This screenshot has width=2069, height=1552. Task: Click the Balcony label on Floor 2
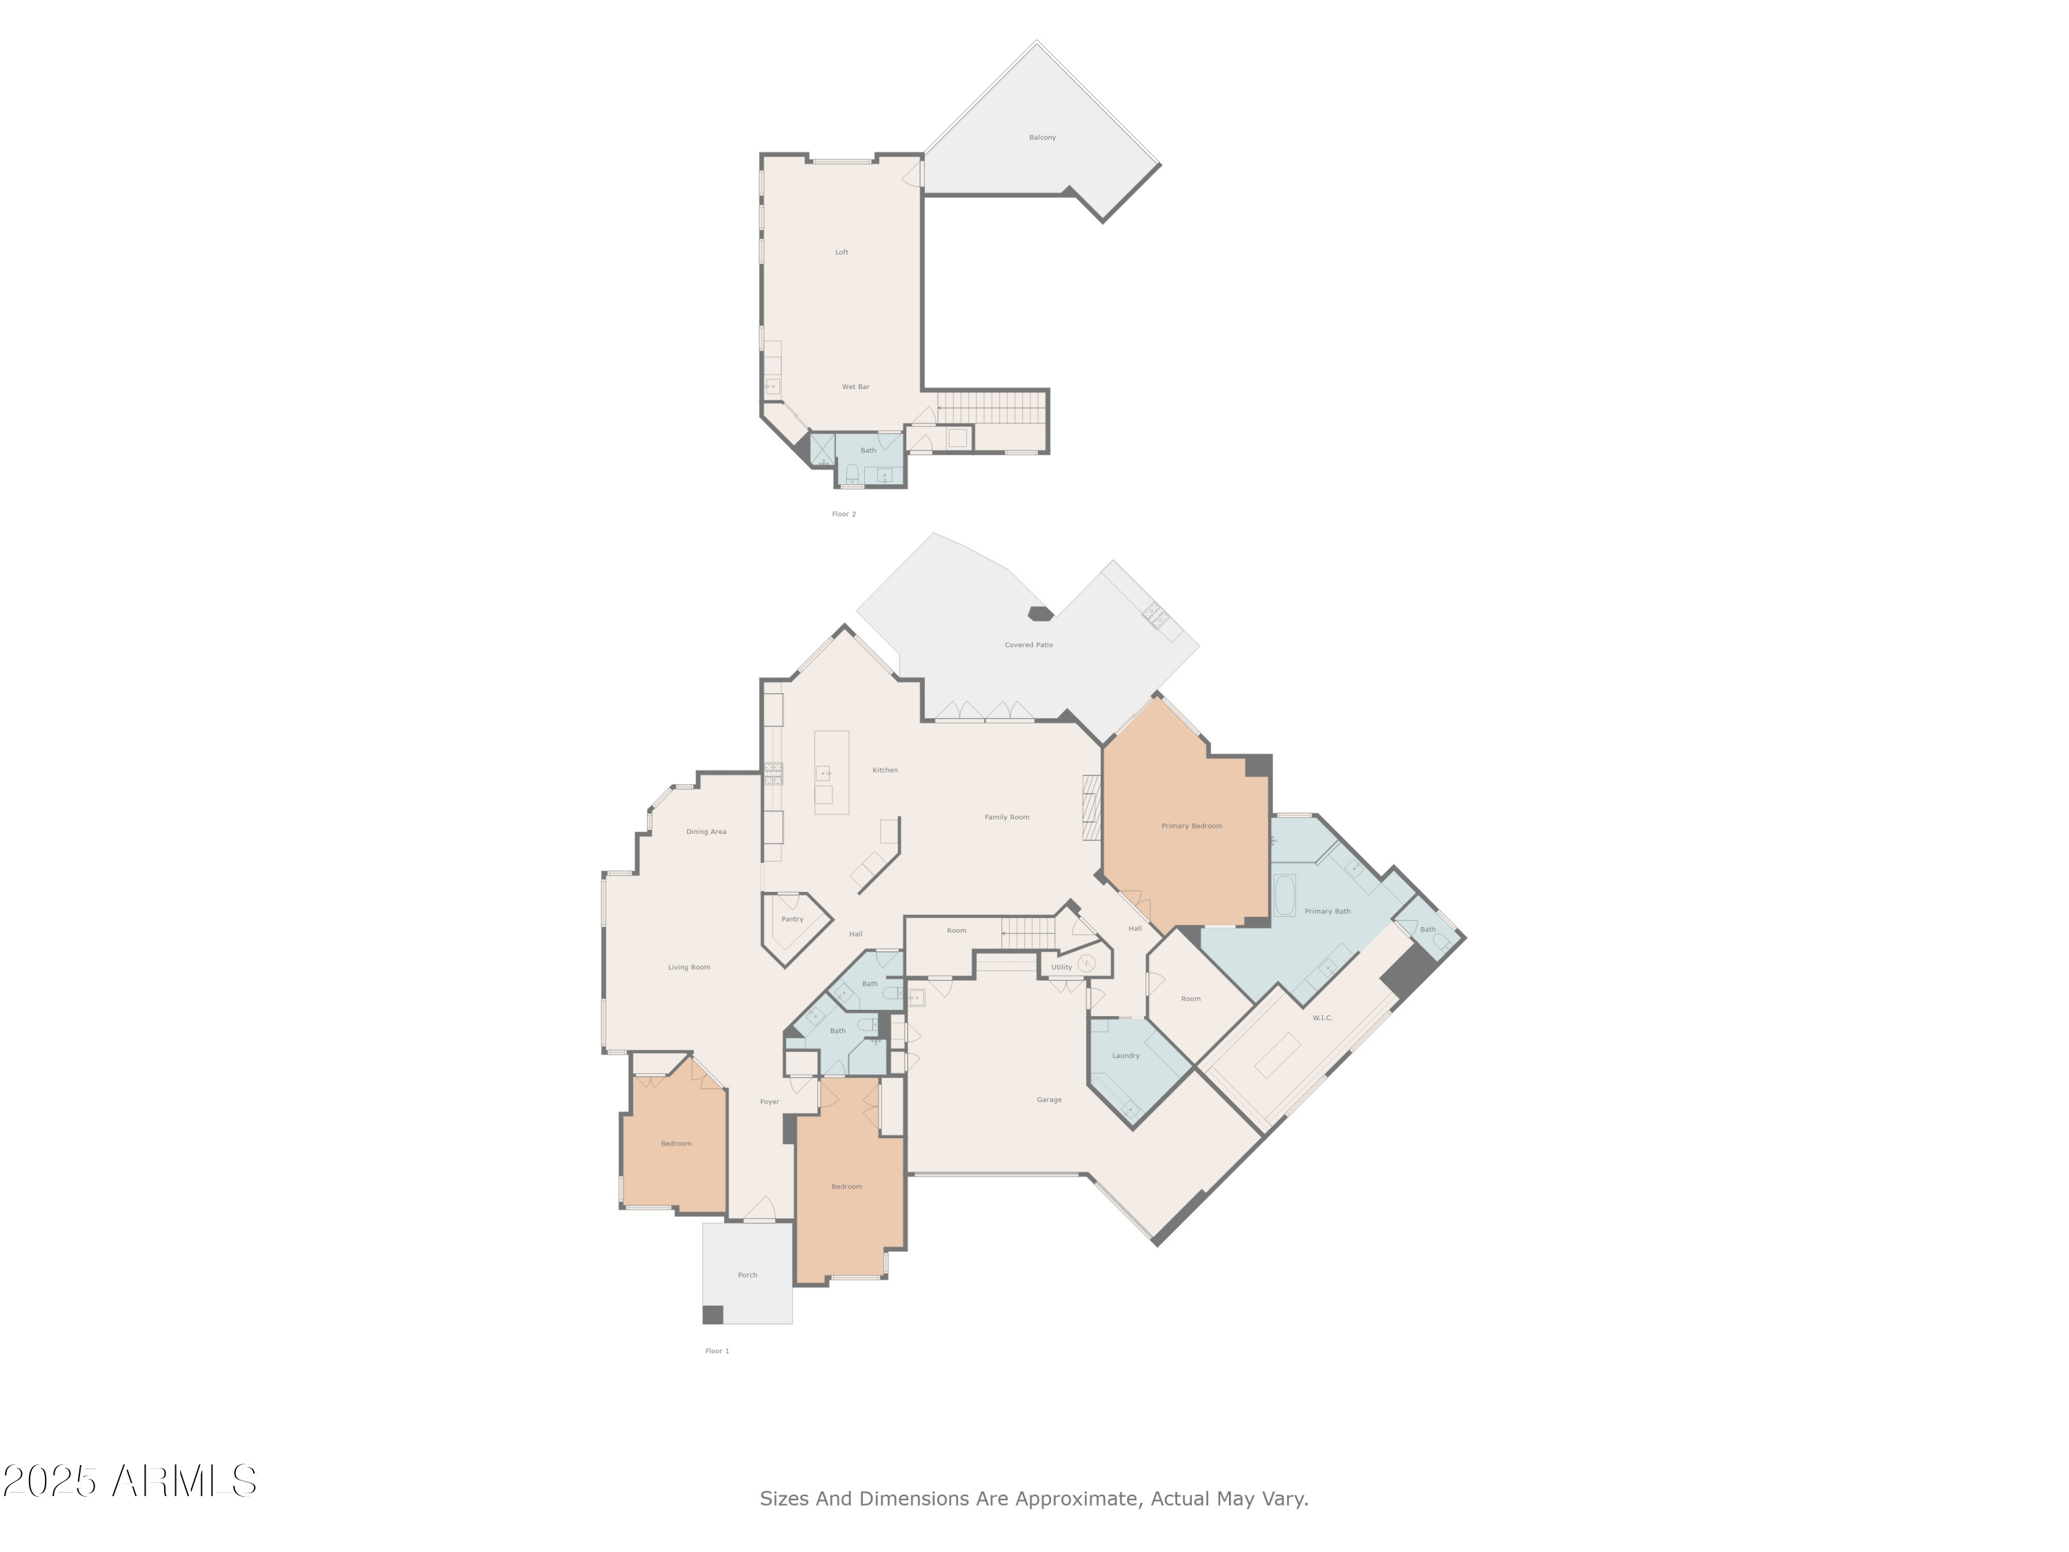(x=1042, y=137)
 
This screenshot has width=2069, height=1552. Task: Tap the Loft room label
(x=842, y=252)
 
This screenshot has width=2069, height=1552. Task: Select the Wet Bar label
(x=856, y=387)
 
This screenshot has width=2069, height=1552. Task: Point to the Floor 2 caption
(x=843, y=515)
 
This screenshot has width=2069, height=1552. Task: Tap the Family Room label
(x=1006, y=817)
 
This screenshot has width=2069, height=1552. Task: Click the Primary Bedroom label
(x=1192, y=827)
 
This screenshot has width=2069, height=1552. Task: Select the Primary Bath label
(x=1328, y=912)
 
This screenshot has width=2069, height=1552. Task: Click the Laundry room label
(x=1126, y=1056)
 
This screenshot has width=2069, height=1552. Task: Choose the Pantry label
(x=792, y=919)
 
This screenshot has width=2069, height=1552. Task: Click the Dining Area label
(x=706, y=833)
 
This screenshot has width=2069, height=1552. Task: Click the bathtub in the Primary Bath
(x=1284, y=896)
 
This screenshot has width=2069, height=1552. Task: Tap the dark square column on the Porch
(x=712, y=1315)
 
